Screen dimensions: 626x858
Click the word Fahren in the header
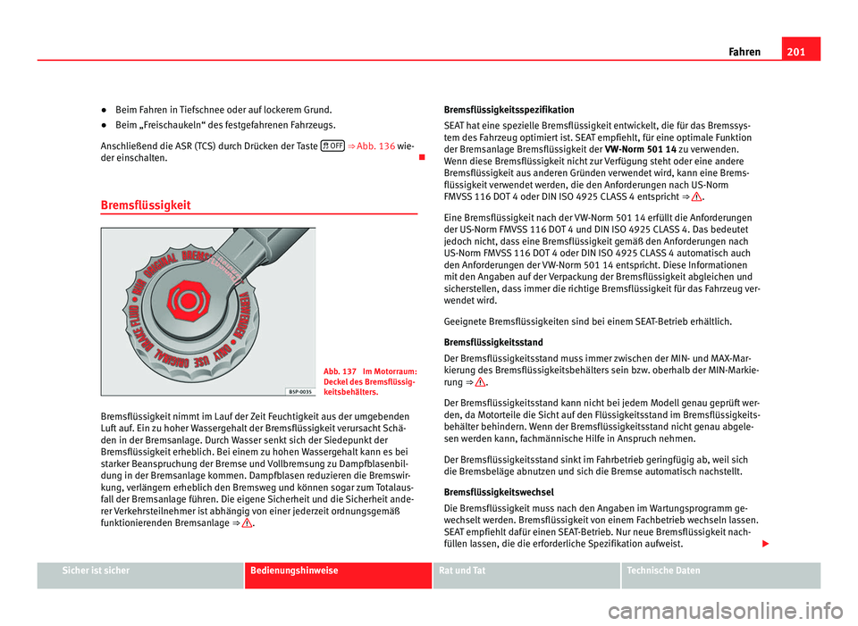tap(744, 52)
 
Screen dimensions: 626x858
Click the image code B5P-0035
tap(300, 389)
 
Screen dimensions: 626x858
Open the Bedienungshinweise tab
tap(295, 570)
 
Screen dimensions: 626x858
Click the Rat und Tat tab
tap(464, 570)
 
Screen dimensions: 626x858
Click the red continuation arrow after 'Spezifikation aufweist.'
tap(815, 544)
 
